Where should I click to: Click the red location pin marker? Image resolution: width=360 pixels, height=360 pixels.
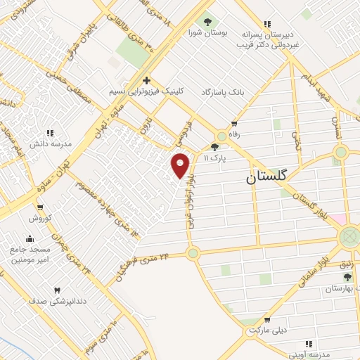click(x=181, y=165)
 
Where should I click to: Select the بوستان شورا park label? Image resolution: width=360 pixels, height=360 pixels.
click(x=205, y=32)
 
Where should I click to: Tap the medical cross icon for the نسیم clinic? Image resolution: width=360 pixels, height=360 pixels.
click(x=146, y=80)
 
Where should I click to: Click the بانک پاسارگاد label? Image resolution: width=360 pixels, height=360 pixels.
click(x=225, y=92)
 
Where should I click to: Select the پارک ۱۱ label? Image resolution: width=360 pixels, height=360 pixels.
click(x=214, y=159)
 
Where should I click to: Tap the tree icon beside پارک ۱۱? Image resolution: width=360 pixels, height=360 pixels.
click(x=214, y=148)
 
